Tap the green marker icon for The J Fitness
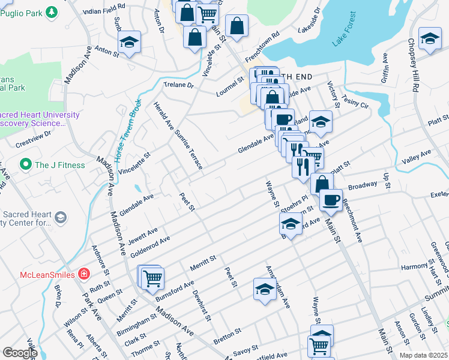click(x=26, y=164)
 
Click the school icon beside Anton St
click(x=129, y=43)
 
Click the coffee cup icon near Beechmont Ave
click(x=331, y=199)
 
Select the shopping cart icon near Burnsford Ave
click(x=153, y=277)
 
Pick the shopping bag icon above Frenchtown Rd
click(x=238, y=26)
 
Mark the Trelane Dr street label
click(x=175, y=85)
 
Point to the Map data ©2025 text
click(x=423, y=355)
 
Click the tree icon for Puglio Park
click(x=52, y=12)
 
